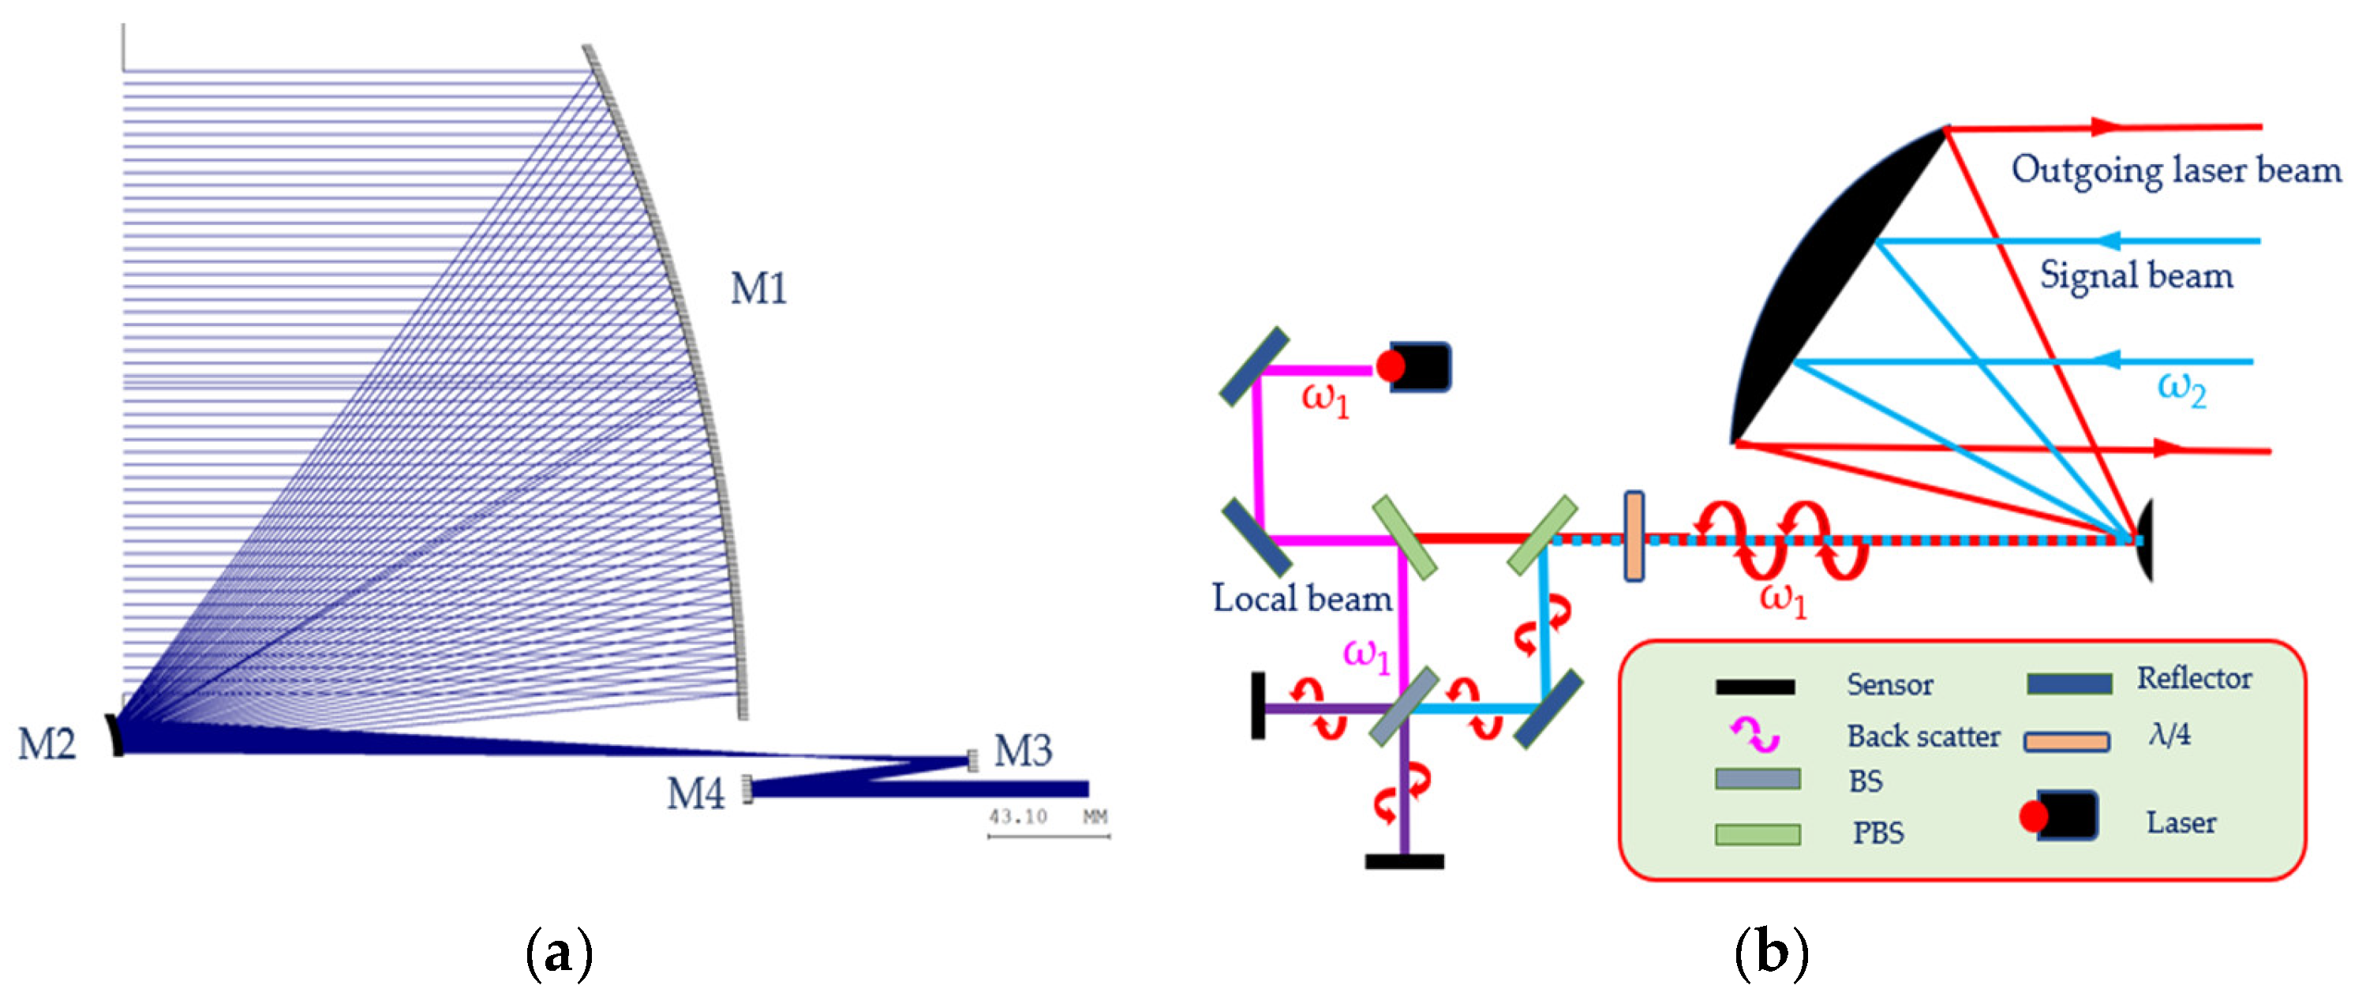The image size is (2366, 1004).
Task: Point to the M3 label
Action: click(1022, 751)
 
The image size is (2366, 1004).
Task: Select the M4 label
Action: click(695, 792)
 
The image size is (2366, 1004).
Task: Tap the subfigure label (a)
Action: click(559, 953)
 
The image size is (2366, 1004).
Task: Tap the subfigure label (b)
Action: click(1771, 953)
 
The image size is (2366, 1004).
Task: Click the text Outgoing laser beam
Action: click(2176, 170)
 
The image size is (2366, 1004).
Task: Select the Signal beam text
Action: click(2136, 275)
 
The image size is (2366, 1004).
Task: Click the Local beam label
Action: click(1301, 598)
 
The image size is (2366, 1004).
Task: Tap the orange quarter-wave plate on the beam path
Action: click(1634, 537)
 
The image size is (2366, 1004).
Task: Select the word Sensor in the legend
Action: click(1890, 684)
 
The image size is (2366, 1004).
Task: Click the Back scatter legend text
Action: click(1923, 736)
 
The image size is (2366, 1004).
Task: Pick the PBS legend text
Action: click(1878, 832)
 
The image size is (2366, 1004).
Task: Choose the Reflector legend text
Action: click(2194, 678)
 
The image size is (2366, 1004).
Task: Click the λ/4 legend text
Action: click(2169, 734)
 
